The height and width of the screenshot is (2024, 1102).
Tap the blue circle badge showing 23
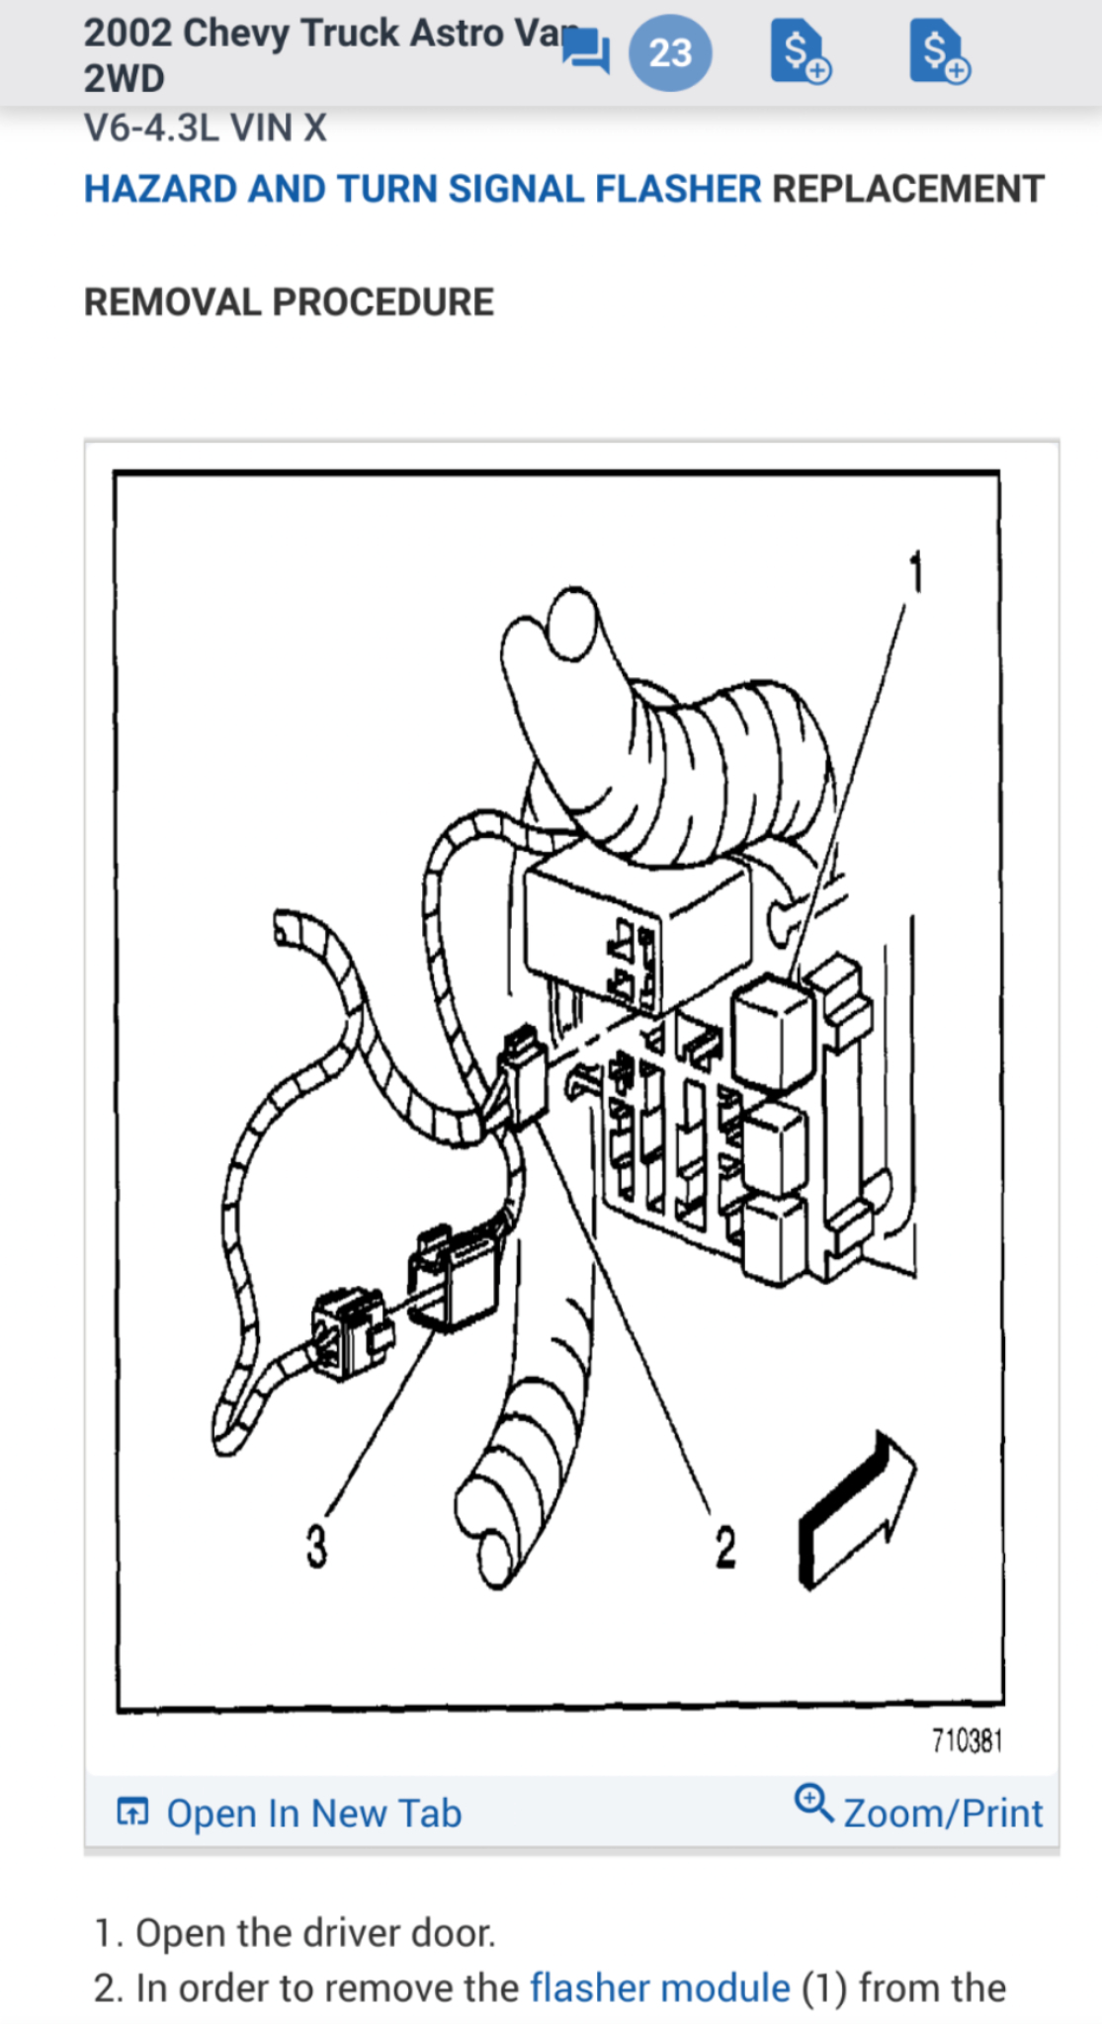pos(670,52)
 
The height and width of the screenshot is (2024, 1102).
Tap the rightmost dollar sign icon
pos(939,51)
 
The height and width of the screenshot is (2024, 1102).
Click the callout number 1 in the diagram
pos(916,572)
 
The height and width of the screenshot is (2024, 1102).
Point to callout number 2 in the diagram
pos(725,1547)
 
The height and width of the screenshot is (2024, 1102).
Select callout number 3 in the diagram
pos(315,1546)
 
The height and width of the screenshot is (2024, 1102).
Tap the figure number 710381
pos(967,1740)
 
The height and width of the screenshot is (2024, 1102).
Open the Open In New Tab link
pos(313,1813)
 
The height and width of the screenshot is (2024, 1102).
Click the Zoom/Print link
pos(943,1813)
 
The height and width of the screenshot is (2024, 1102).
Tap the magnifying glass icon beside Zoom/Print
pos(813,1803)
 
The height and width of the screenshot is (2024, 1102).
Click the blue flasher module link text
pos(659,1987)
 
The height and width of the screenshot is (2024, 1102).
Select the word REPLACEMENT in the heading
pos(907,189)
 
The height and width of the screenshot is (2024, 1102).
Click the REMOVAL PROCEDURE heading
pos(289,302)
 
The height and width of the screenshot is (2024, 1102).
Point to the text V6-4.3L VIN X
pos(205,128)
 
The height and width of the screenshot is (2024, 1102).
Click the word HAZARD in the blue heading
pos(158,189)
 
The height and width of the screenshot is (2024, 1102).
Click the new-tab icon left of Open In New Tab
pos(132,1812)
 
